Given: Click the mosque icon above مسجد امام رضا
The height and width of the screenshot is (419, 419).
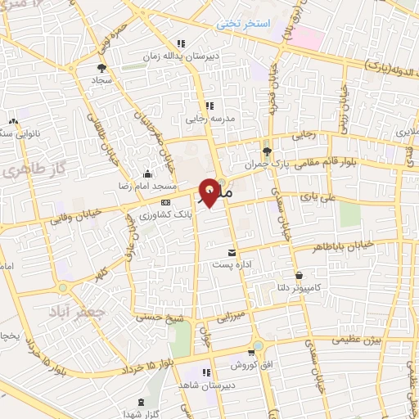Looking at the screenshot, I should [x=146, y=173].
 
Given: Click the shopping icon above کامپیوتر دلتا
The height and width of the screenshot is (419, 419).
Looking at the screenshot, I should [x=300, y=276].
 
